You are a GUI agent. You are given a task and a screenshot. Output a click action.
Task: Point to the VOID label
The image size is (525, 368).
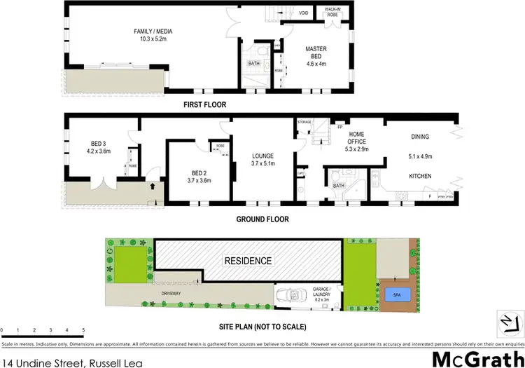[304, 13]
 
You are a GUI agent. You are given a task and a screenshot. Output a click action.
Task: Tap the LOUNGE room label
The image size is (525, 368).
[262, 159]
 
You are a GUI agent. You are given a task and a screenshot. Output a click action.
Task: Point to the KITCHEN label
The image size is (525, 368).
[419, 176]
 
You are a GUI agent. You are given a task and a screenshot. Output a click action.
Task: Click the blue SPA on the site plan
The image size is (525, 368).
[396, 294]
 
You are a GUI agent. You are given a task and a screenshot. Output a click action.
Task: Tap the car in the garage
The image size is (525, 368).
[290, 295]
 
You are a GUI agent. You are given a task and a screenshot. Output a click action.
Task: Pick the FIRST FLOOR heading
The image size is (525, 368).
[206, 104]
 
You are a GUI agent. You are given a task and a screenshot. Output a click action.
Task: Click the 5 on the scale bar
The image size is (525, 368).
[83, 329]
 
